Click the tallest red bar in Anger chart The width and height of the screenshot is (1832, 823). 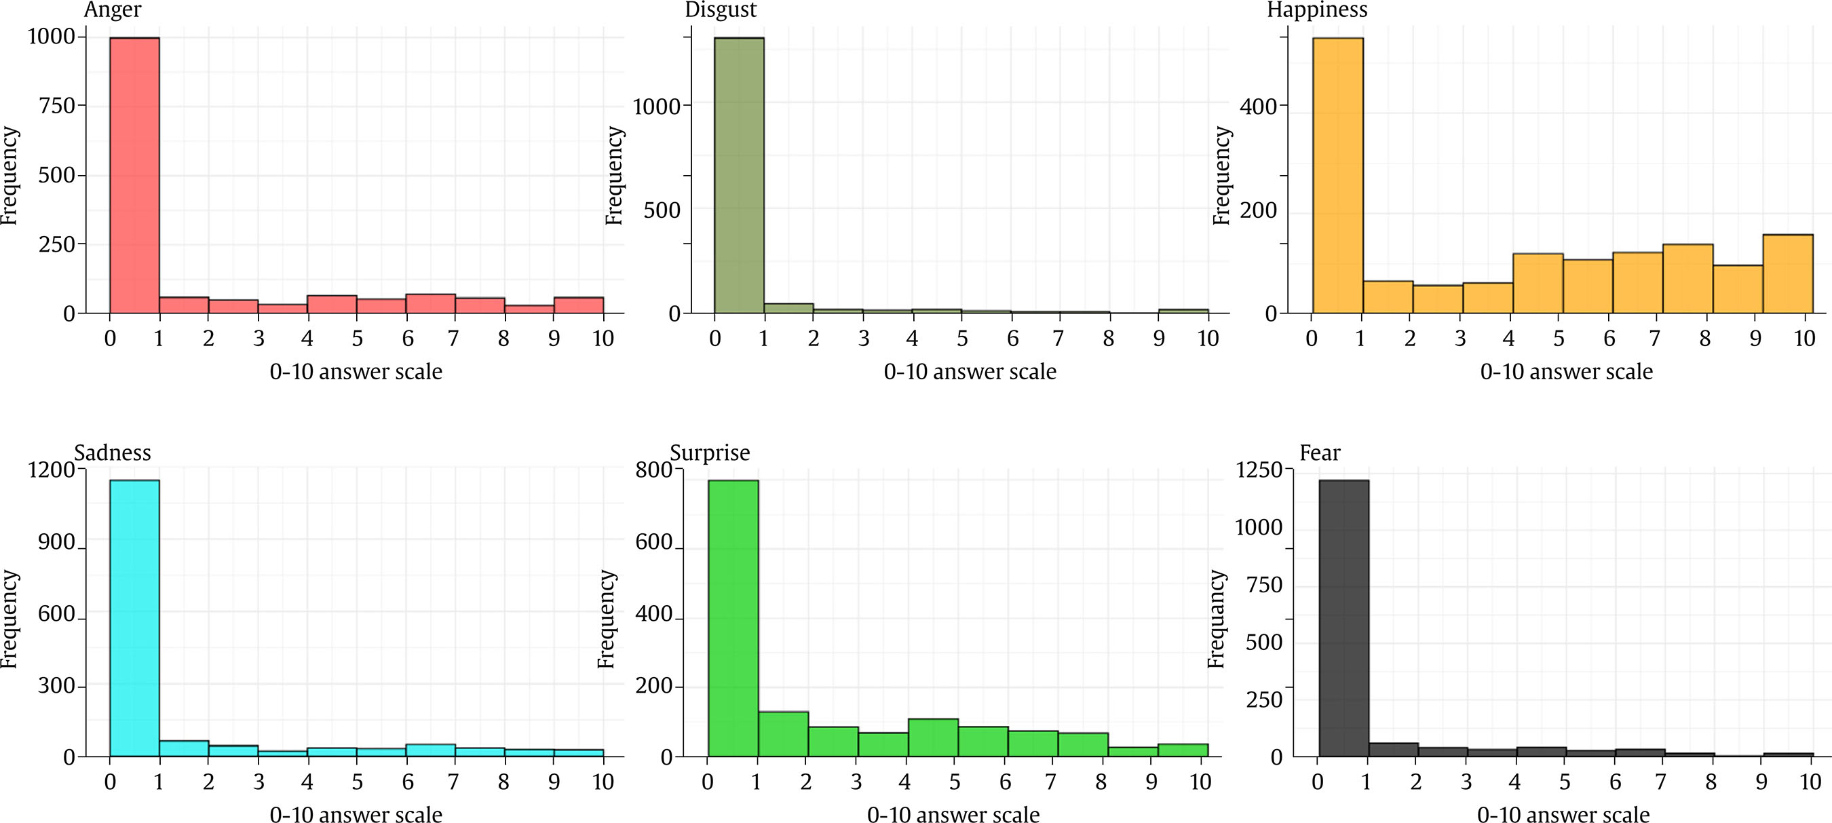coord(134,175)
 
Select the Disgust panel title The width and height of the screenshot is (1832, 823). coord(720,10)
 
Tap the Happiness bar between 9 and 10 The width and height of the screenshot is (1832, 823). coord(1787,274)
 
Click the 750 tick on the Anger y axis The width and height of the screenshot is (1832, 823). coord(58,105)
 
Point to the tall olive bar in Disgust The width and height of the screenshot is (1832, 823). coord(739,175)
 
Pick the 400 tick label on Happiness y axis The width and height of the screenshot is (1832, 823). coord(1258,107)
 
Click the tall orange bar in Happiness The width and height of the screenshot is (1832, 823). coord(1337,175)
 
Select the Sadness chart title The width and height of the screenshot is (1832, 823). coord(113,453)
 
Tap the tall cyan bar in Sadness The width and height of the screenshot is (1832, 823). coord(134,617)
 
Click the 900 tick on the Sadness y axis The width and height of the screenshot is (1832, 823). coord(56,542)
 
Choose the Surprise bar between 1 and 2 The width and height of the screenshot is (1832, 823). coord(783,733)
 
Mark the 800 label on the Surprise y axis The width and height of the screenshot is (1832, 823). coord(653,470)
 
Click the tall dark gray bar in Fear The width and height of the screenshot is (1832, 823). coord(1343,617)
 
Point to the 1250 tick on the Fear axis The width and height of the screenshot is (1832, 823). coord(1259,470)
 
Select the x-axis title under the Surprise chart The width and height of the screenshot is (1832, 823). coord(953,814)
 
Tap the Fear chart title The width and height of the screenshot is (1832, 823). coord(1319,453)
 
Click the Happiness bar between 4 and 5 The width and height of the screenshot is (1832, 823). coord(1538,283)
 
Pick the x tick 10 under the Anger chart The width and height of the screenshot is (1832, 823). coord(603,339)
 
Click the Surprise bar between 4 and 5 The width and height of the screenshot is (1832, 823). coord(932,737)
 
